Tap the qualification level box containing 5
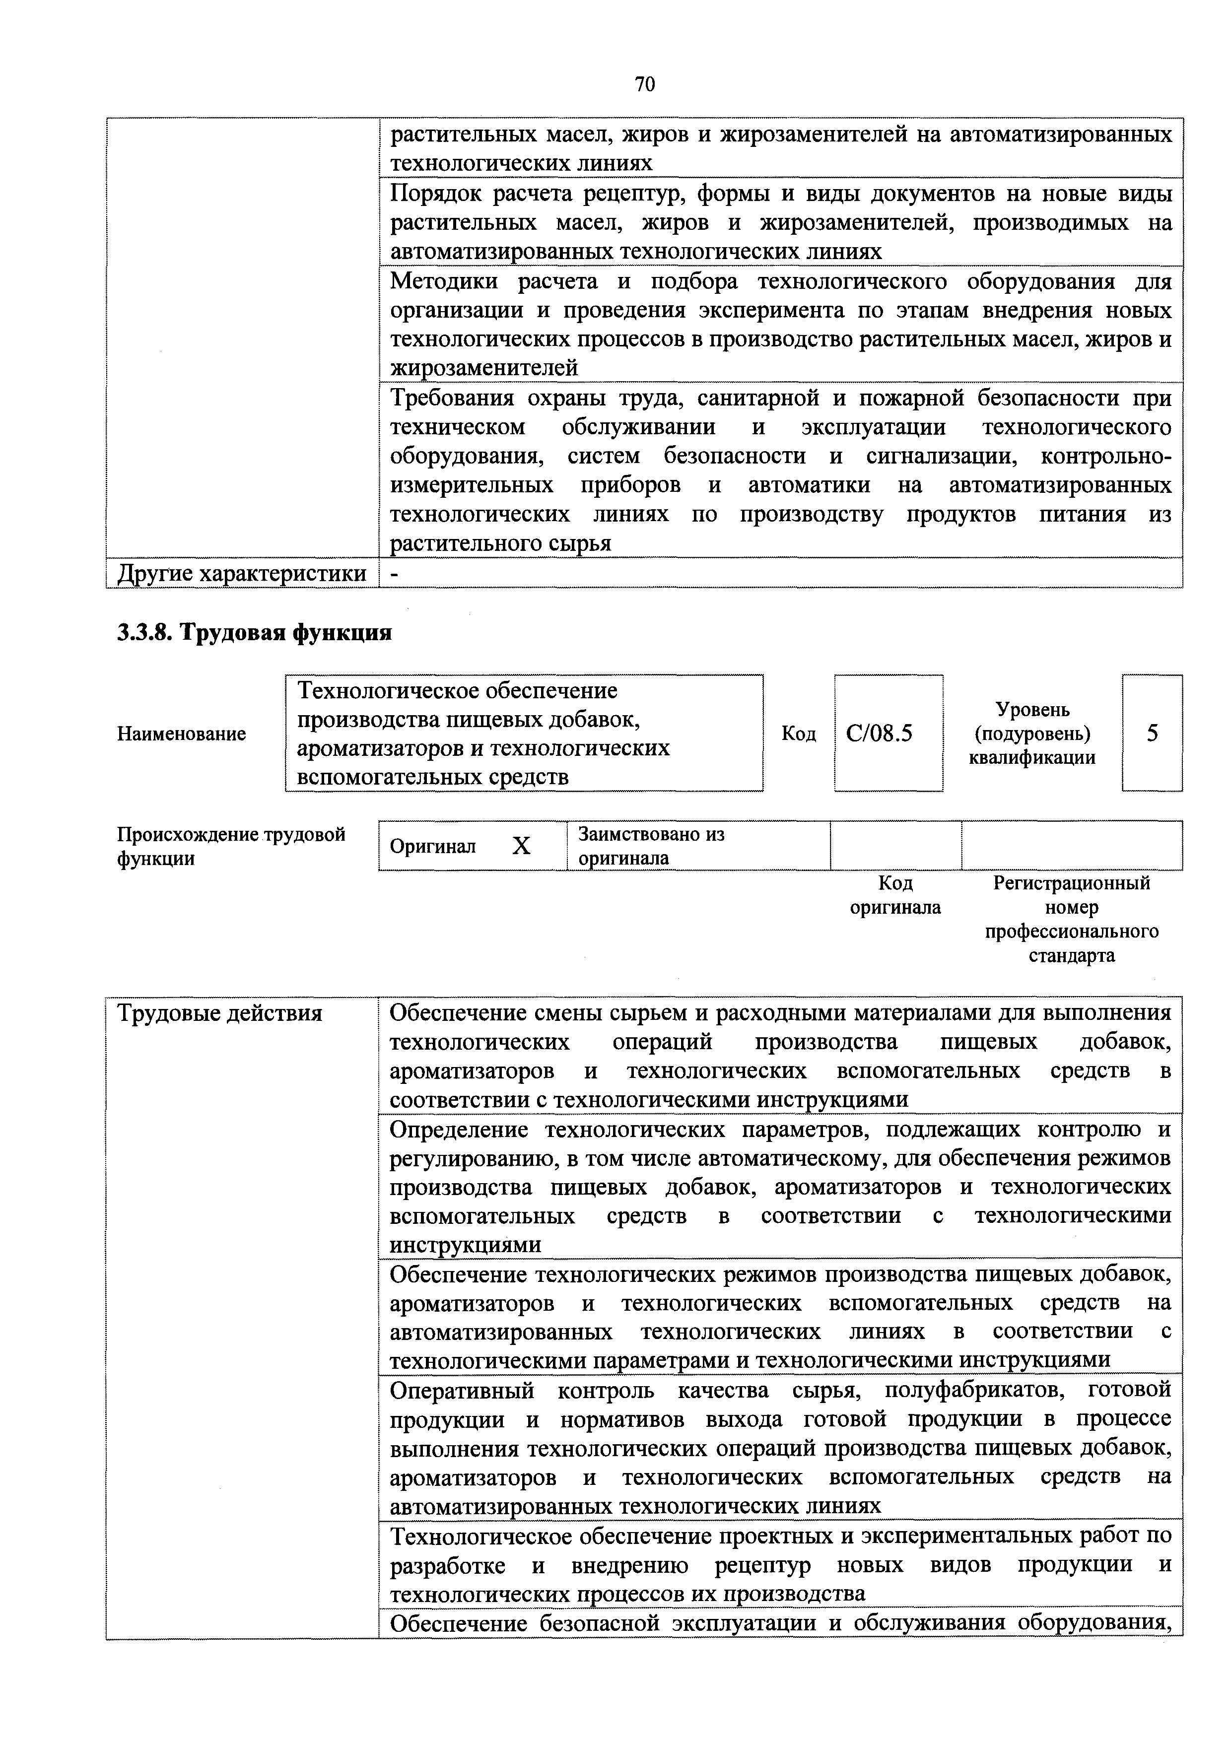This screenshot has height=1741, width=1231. tap(1152, 733)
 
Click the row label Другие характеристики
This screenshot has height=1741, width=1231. tap(242, 573)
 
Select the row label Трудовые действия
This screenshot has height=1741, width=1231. tap(219, 1013)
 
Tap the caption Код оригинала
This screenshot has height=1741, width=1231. tap(895, 895)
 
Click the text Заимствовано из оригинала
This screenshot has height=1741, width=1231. tap(651, 846)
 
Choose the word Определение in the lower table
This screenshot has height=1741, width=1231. tap(460, 1130)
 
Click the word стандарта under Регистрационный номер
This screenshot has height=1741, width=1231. tap(1071, 955)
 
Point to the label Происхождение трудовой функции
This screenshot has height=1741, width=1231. tap(231, 846)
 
